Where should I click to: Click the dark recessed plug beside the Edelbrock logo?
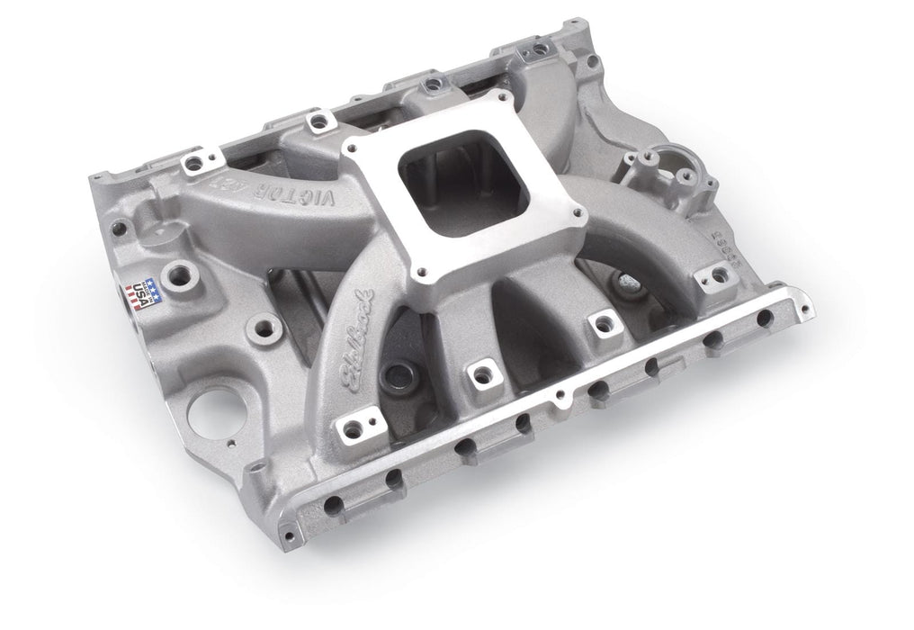pyautogui.click(x=392, y=372)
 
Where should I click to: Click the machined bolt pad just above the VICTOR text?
pyautogui.click(x=313, y=118)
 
